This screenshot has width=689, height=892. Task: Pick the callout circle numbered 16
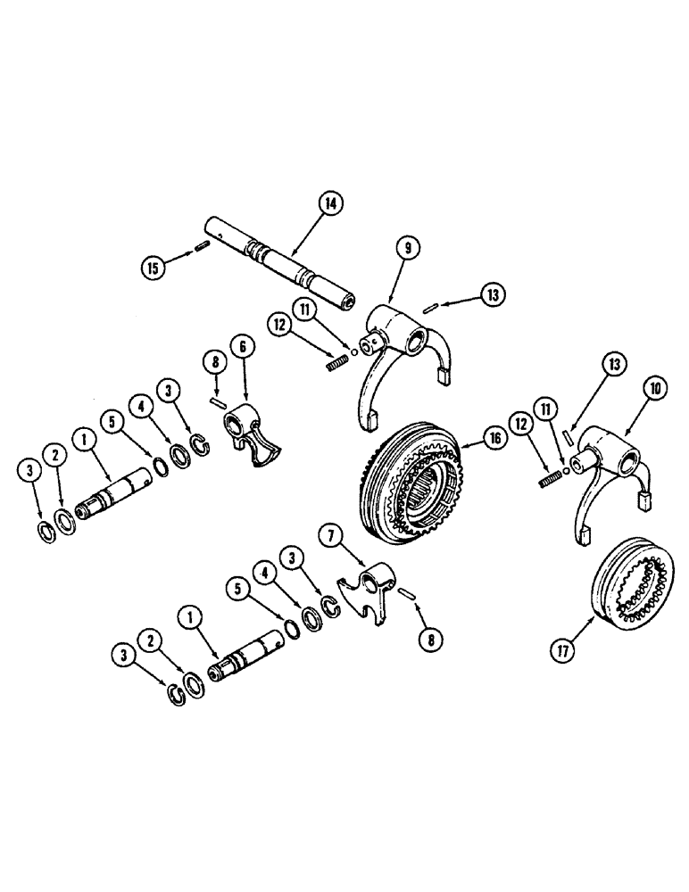click(x=494, y=440)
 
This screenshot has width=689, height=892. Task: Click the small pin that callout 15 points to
click(x=202, y=246)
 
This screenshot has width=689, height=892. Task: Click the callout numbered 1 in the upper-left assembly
click(x=83, y=440)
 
